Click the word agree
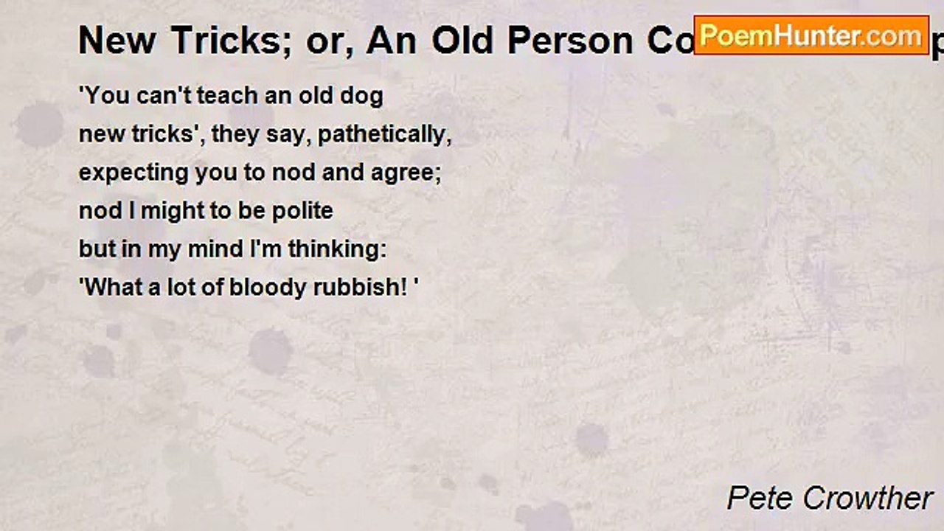click(412, 173)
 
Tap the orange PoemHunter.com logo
click(811, 35)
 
